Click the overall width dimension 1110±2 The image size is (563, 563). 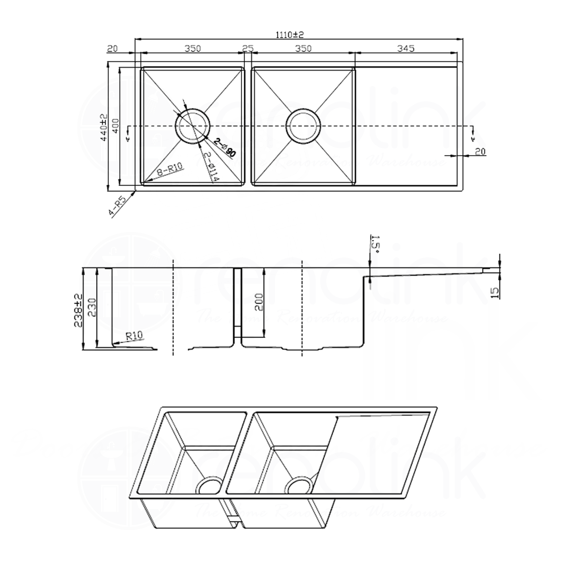(290, 34)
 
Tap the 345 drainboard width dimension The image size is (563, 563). (405, 49)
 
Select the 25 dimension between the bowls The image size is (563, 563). (248, 49)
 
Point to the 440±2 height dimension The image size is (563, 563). (104, 127)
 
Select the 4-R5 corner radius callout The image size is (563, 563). (118, 207)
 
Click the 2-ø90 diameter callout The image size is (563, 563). (225, 148)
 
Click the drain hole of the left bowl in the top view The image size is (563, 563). (192, 126)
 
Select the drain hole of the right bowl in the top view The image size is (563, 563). (303, 126)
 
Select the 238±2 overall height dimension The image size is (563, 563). (78, 309)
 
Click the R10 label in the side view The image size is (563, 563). (134, 336)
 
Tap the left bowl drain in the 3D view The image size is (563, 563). (209, 485)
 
